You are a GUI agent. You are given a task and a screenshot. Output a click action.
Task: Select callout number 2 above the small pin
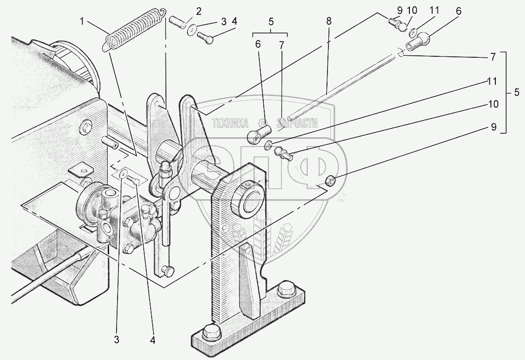(185, 11)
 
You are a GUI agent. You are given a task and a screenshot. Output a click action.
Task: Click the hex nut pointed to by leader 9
(331, 180)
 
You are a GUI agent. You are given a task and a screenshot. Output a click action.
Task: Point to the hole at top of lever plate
(157, 105)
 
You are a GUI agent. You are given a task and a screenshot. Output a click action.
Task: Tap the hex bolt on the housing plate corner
(85, 127)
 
